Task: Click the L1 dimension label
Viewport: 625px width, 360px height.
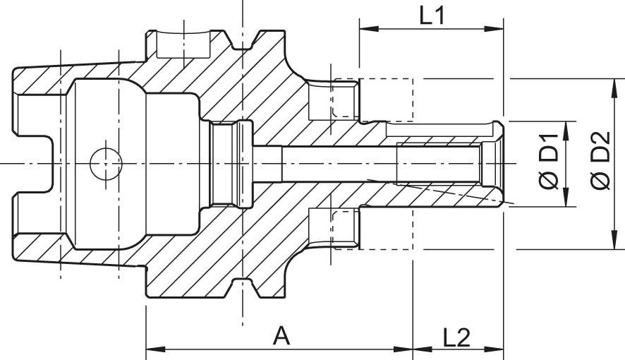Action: click(x=432, y=16)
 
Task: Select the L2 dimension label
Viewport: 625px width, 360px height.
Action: click(x=456, y=337)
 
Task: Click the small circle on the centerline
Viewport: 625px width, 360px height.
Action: click(x=106, y=164)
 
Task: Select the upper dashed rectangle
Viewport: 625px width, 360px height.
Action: click(x=372, y=98)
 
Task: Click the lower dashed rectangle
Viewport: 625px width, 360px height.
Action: click(x=372, y=229)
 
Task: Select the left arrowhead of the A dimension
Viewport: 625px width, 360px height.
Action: click(x=152, y=349)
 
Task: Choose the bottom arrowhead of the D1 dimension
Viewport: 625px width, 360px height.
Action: click(x=564, y=201)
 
